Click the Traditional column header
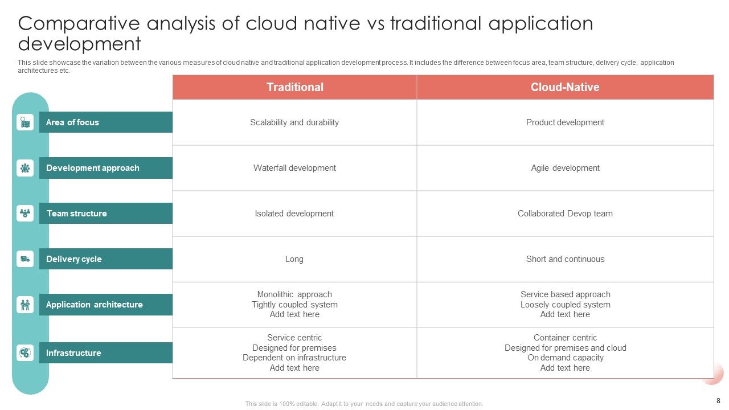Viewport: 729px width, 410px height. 294,87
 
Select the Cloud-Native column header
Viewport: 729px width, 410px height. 564,87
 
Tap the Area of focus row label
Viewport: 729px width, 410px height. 72,122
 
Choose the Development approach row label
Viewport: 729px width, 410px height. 92,168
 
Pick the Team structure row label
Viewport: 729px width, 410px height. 76,214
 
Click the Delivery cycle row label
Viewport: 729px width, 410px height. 73,259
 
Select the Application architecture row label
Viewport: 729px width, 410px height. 94,305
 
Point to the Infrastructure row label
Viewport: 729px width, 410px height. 73,353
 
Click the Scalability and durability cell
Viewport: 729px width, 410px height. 294,122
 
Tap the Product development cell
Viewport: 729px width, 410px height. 565,122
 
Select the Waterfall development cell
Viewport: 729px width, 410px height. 294,168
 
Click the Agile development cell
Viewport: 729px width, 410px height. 565,168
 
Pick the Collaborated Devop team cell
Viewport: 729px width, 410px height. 565,214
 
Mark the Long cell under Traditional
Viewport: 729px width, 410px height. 294,259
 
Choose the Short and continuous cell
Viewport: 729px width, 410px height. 565,259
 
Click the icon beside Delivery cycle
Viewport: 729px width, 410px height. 25,259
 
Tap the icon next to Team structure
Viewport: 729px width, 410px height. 25,214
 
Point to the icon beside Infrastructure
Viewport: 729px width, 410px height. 25,353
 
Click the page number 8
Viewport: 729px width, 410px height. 718,400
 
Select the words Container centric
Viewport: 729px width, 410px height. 565,338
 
